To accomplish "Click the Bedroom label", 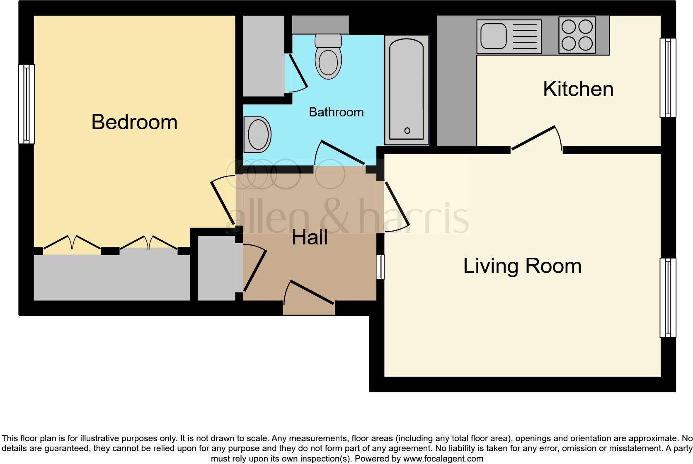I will pos(134,122).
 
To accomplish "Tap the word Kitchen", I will pos(578,89).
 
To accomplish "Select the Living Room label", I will pos(522,266).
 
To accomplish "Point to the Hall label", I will pos(310,238).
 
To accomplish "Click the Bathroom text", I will pos(336,112).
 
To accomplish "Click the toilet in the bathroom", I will pos(328,58).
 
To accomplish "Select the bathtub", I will pos(406,89).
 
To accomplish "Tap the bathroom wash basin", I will pos(258,134).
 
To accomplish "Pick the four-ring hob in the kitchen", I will pos(577,35).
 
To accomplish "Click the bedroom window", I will pos(27,104).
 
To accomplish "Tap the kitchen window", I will pos(667,77).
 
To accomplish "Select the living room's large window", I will pos(667,297).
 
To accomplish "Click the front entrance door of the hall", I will pos(309,298).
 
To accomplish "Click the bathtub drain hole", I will pos(407,130).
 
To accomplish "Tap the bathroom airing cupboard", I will pos(263,56).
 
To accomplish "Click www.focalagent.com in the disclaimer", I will pos(443,459).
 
